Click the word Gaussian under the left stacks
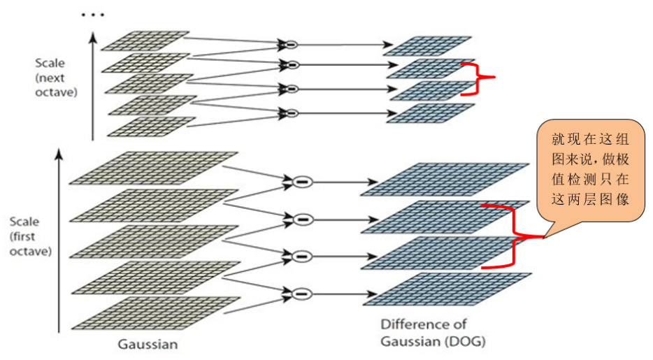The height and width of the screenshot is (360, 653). (x=148, y=344)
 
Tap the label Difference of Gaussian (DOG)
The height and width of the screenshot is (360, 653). (x=433, y=333)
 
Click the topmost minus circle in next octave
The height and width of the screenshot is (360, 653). (x=290, y=44)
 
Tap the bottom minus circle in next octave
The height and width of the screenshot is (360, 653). (x=290, y=113)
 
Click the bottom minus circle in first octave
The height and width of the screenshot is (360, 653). (x=301, y=293)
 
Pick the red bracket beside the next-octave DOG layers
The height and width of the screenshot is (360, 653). (x=479, y=78)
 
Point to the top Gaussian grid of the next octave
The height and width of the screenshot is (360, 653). (x=145, y=41)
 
